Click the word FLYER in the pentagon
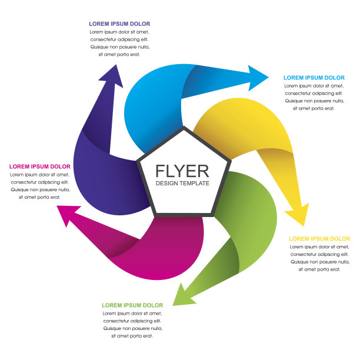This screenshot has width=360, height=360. [182, 171]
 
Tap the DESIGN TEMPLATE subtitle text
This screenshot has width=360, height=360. [182, 184]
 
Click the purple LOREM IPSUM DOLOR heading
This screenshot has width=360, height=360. [119, 24]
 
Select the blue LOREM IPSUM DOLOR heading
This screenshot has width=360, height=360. [314, 78]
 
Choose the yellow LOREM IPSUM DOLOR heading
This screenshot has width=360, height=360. [319, 238]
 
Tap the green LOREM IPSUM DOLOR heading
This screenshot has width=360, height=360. [132, 305]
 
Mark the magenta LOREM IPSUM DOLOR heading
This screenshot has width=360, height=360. [40, 166]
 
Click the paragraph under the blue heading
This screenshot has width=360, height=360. [314, 97]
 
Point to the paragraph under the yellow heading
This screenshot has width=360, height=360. [319, 258]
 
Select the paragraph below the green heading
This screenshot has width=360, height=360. [132, 325]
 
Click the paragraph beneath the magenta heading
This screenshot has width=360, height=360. [40, 186]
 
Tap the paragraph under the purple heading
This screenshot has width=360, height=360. [119, 43]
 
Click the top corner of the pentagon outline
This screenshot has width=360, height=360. [184, 128]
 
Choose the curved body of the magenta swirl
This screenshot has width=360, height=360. [171, 247]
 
